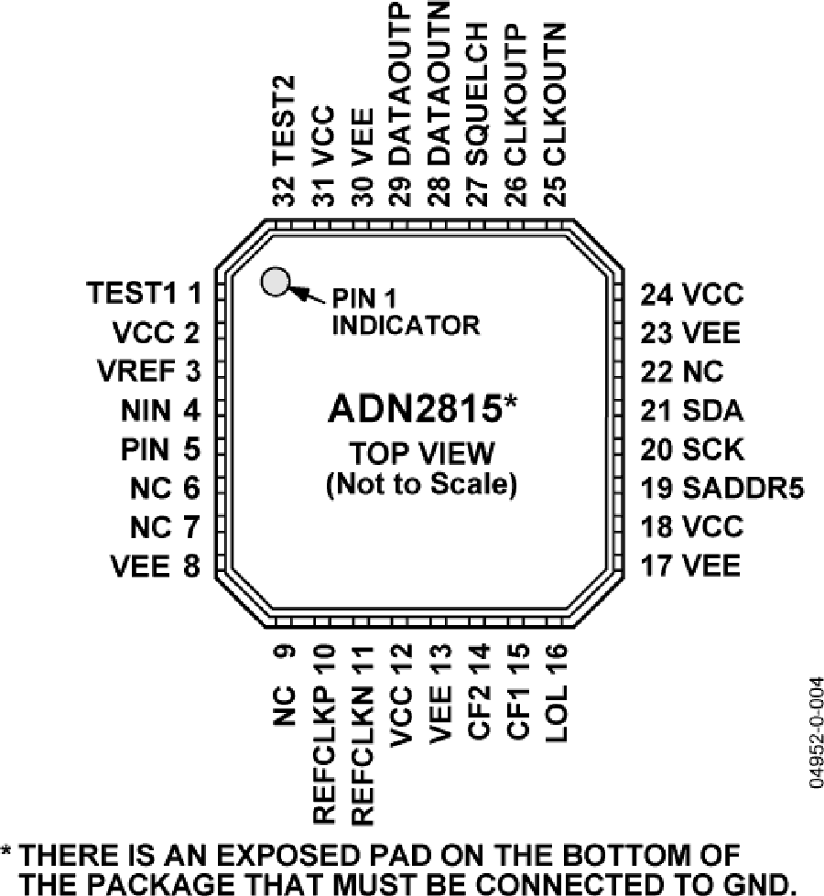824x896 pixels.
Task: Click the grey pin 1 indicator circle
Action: (x=275, y=282)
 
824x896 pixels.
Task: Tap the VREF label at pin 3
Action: (x=136, y=371)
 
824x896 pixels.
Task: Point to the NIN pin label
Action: (x=146, y=410)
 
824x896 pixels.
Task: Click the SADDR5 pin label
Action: (x=743, y=488)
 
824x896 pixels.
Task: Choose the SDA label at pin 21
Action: (x=712, y=410)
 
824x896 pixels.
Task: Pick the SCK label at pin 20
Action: (x=713, y=449)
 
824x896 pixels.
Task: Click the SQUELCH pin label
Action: (x=478, y=94)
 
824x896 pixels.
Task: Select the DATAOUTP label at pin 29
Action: (x=400, y=83)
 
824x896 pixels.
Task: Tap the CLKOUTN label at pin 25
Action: (x=555, y=94)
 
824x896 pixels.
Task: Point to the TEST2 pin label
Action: (x=284, y=121)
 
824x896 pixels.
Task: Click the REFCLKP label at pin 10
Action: (x=323, y=755)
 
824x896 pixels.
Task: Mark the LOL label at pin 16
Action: (x=556, y=714)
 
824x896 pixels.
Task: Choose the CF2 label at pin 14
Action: (x=479, y=714)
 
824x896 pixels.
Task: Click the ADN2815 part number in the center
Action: (x=415, y=409)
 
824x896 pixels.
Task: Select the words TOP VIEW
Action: (x=421, y=453)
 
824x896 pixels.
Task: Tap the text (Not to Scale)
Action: (x=422, y=484)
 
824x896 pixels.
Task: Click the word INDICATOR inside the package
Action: (x=406, y=325)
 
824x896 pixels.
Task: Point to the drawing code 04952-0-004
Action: (x=817, y=733)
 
